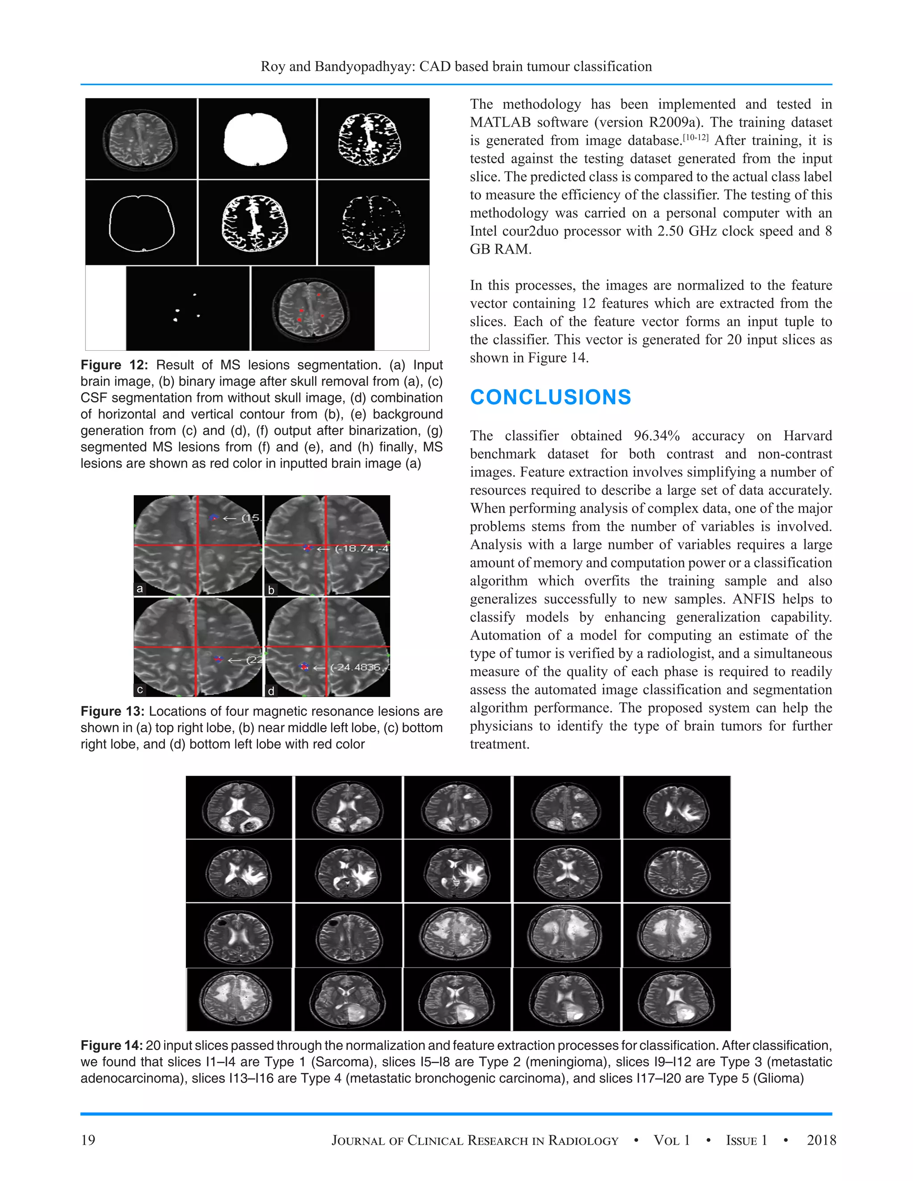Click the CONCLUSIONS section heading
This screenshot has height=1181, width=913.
pos(550,398)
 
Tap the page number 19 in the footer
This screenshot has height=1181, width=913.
pos(88,1140)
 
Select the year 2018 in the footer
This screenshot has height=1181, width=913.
pos(821,1140)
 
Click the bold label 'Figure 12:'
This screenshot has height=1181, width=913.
pos(114,365)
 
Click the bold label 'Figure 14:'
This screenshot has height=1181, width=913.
pos(111,1045)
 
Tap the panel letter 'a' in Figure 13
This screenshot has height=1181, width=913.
pos(140,588)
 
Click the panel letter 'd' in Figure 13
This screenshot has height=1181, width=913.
pos(271,690)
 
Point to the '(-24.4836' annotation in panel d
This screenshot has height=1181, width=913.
pos(355,667)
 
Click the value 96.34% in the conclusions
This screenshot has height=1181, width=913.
pos(657,436)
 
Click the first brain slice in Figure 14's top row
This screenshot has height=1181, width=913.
pos(239,808)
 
